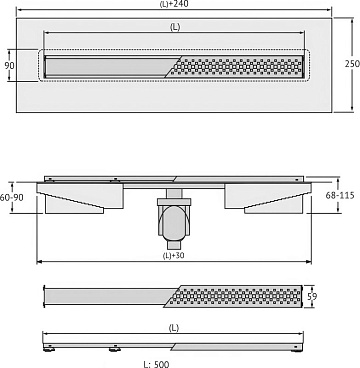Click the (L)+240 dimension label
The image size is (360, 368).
click(174, 4)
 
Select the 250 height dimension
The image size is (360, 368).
click(352, 64)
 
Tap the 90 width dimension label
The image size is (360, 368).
click(9, 65)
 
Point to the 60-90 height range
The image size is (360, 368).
click(12, 198)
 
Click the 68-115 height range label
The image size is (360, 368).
click(340, 196)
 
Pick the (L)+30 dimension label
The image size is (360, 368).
click(173, 256)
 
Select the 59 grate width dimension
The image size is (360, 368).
click(311, 296)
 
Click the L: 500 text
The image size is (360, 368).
click(156, 364)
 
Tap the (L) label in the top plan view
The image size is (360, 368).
click(175, 28)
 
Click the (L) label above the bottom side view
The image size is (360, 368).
click(173, 328)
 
